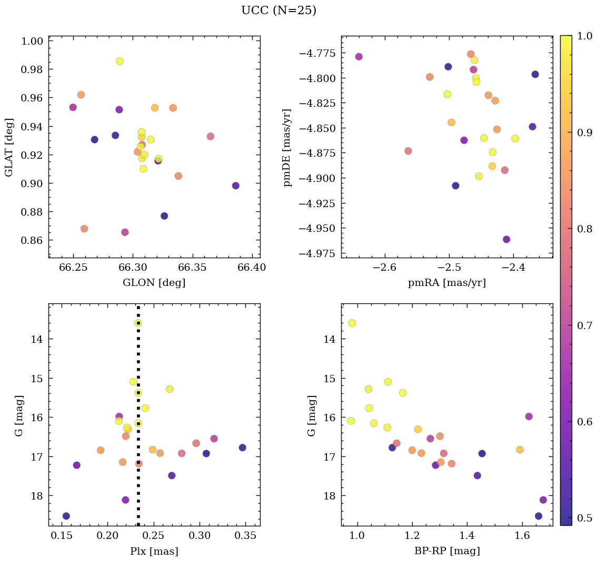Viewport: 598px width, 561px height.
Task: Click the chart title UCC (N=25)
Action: (278, 11)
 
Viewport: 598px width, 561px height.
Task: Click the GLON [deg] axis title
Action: (154, 283)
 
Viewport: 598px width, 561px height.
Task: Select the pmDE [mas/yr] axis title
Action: (287, 147)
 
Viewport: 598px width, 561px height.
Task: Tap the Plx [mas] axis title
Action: (154, 551)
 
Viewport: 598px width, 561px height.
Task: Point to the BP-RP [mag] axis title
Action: (446, 551)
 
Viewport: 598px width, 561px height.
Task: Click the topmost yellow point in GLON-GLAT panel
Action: (120, 62)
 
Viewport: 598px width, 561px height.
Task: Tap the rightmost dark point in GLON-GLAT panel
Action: (235, 186)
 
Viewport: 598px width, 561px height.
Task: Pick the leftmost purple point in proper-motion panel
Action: (359, 57)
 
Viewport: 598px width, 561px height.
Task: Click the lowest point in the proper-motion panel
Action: (506, 239)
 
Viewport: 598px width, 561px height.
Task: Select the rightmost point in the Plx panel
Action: (242, 447)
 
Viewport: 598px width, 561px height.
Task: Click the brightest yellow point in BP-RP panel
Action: (352, 323)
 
